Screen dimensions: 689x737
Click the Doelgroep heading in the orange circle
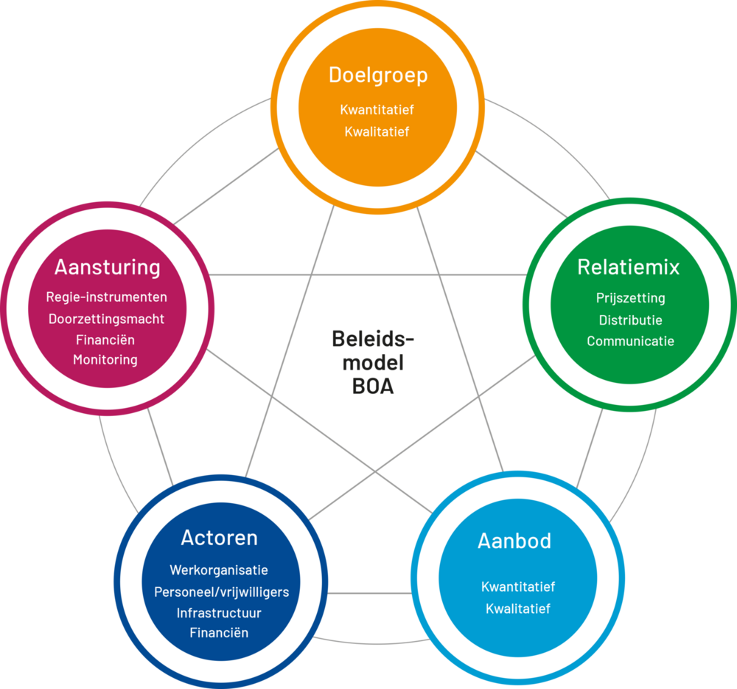tap(377, 76)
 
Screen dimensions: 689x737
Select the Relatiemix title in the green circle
tap(628, 267)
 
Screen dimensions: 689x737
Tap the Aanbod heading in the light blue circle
tap(514, 541)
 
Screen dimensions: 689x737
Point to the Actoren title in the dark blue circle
tap(219, 538)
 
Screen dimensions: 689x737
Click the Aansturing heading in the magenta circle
tap(108, 266)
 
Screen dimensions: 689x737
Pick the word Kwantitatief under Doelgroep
tap(377, 110)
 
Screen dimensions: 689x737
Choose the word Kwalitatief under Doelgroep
tap(377, 132)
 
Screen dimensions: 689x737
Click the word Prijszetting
tap(630, 298)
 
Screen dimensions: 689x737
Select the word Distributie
tap(630, 320)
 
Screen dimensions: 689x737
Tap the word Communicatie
tap(630, 342)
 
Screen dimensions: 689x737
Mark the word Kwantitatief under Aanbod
tap(517, 587)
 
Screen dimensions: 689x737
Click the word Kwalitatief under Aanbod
tap(517, 609)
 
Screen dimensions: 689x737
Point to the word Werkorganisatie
tap(219, 570)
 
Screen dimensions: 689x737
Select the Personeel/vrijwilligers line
tap(221, 592)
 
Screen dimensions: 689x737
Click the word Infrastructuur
tap(219, 613)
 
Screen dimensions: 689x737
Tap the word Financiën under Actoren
tap(219, 633)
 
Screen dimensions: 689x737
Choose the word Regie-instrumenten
tap(107, 297)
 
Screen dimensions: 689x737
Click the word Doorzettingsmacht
tap(107, 319)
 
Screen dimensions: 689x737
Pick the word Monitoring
tap(105, 360)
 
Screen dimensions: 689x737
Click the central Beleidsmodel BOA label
tap(373, 362)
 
